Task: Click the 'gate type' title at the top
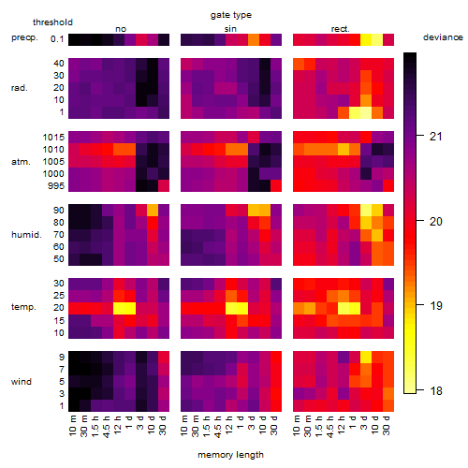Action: click(231, 15)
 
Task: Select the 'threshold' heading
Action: click(52, 22)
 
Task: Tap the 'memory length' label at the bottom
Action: click(230, 455)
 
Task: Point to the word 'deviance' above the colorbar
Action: click(443, 37)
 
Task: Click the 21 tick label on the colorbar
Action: click(436, 137)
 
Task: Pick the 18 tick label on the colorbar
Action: click(436, 390)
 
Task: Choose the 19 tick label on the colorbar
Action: click(436, 305)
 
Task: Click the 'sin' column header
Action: click(230, 29)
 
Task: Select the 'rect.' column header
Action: click(340, 29)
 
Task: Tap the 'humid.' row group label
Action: click(26, 235)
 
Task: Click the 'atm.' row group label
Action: click(21, 162)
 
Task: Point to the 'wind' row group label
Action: click(22, 382)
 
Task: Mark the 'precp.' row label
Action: click(24, 37)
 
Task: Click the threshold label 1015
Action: click(53, 138)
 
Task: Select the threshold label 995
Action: click(56, 186)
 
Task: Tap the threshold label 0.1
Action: click(57, 39)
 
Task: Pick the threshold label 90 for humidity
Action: click(59, 211)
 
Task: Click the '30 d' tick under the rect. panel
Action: click(387, 425)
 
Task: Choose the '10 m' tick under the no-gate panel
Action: click(73, 425)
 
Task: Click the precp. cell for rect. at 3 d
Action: click(366, 39)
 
